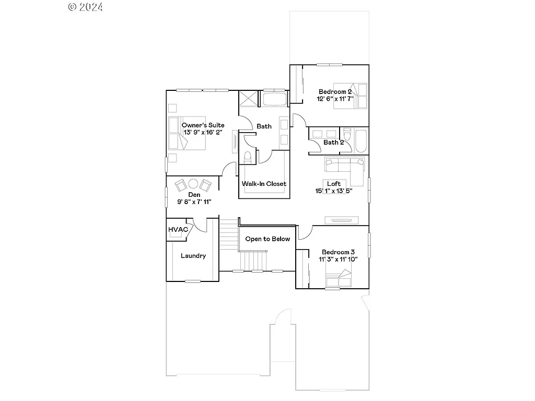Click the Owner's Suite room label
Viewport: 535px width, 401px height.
203,125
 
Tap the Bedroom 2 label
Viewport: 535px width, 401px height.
335,92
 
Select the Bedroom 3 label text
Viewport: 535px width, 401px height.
338,252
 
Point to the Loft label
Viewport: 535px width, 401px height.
334,184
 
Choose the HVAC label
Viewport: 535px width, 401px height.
178,230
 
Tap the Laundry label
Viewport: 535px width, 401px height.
193,256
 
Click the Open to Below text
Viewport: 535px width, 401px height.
267,239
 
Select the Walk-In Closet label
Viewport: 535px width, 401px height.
264,184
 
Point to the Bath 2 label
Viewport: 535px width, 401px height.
333,142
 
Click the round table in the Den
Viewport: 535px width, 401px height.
193,183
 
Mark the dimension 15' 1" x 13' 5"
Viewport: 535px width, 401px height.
334,191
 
